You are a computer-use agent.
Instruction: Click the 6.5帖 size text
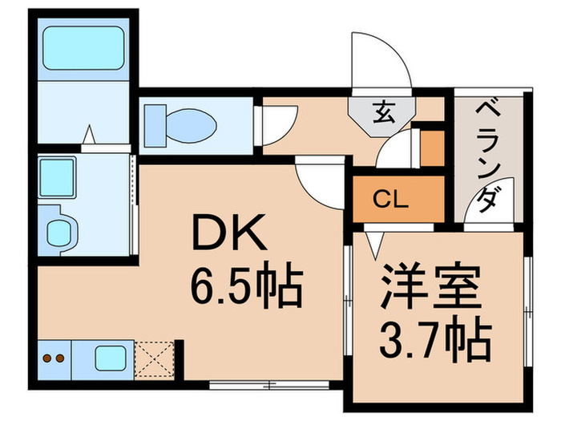[x=245, y=287]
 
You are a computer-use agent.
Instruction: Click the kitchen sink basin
[x=110, y=357]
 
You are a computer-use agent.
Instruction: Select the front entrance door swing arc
[x=381, y=60]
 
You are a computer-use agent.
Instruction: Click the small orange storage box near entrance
[x=432, y=148]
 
